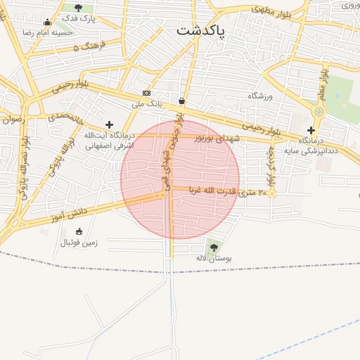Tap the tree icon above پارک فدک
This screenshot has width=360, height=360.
pyautogui.click(x=78, y=8)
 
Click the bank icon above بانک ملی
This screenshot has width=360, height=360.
pyautogui.click(x=146, y=93)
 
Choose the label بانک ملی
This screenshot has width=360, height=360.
pyautogui.click(x=147, y=104)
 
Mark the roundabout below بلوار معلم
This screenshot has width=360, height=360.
pyautogui.click(x=320, y=111)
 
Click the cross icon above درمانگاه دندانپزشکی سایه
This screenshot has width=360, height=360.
pyautogui.click(x=311, y=130)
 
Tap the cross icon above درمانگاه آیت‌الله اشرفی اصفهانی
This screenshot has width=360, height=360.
pyautogui.click(x=109, y=124)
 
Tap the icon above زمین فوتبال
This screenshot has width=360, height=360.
pyautogui.click(x=78, y=231)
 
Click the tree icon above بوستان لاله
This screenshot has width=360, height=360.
pyautogui.click(x=213, y=247)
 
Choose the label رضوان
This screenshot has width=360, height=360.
pyautogui.click(x=13, y=119)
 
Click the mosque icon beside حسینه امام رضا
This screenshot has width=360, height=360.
pyautogui.click(x=47, y=22)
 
